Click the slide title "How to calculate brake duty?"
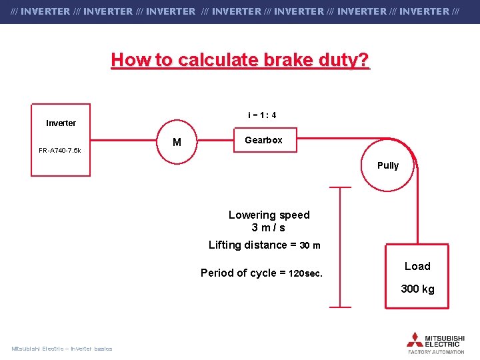pos(240,60)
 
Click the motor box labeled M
pos(177,142)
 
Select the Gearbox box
pos(263,140)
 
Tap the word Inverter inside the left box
pos(61,123)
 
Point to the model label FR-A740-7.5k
pos(60,150)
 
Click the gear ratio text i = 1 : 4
pos(262,115)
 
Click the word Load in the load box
pos(417,266)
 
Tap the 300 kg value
pos(417,289)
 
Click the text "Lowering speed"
pos(269,215)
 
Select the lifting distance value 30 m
pos(310,245)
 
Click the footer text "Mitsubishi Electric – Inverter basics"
pos(62,349)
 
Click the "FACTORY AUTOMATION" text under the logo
pos(436,351)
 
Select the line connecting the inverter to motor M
pos(123,141)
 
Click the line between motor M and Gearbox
pos(214,141)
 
